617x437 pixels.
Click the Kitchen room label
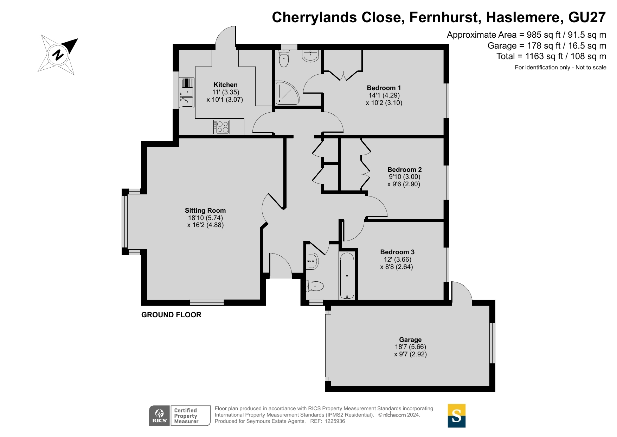pos(226,85)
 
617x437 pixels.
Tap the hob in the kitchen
pos(221,127)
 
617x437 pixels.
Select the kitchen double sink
pos(187,92)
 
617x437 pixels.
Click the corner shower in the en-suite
pos(287,93)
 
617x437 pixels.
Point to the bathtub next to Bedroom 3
pos(347,276)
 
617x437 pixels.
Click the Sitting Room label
pos(205,211)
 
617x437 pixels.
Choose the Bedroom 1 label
pos(384,88)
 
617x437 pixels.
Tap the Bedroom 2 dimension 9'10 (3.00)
pos(404,177)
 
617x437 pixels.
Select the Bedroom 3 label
pos(397,252)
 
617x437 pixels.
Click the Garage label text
pos(410,340)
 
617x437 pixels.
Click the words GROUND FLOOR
pos(171,315)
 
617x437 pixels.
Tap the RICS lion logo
pos(160,416)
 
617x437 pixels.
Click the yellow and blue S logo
pos(456,416)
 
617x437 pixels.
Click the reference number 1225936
pos(335,421)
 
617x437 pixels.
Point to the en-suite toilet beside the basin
pos(284,58)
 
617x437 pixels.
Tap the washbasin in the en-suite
pos(310,56)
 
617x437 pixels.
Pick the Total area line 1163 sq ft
pos(551,56)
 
